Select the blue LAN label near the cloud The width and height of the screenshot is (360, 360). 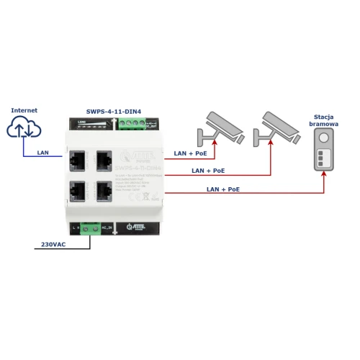click(43, 153)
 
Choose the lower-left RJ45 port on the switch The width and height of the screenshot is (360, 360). click(78, 190)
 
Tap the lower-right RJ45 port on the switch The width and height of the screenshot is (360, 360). click(104, 190)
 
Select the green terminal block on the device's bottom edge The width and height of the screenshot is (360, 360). click(91, 229)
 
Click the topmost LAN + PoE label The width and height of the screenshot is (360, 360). click(189, 153)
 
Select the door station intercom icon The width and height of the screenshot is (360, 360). click(324, 151)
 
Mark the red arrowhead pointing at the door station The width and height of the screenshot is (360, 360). click(324, 176)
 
